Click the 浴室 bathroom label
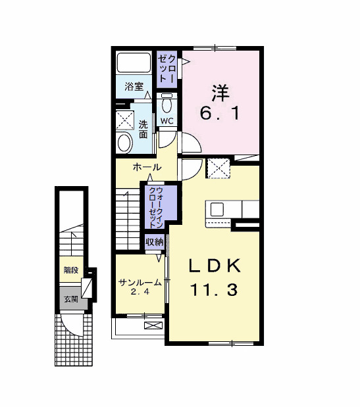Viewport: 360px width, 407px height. coord(134,87)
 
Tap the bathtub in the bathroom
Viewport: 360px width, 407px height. coord(134,63)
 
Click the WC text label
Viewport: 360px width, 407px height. coord(167,121)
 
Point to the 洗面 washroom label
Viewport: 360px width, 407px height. coord(143,130)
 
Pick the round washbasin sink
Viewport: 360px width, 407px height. coord(124,143)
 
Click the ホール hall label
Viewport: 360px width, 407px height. coord(147,167)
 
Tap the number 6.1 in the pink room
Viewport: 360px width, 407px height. coord(220,113)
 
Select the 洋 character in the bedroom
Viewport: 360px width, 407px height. coord(220,93)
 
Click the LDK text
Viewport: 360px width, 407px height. coord(215,266)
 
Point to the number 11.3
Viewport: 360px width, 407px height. coord(215,290)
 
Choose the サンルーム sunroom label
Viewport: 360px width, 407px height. coord(140,283)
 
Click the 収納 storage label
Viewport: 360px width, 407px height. coord(155,242)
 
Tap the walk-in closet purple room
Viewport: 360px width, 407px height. coord(161,206)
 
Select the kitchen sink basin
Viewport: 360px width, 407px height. coord(217,210)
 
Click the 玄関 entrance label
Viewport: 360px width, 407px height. coord(71,299)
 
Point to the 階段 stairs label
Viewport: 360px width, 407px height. coord(71,270)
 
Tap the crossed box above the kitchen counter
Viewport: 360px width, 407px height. coord(219,168)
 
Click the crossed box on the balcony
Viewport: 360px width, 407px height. coord(153,325)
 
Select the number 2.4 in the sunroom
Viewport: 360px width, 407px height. coord(140,292)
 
